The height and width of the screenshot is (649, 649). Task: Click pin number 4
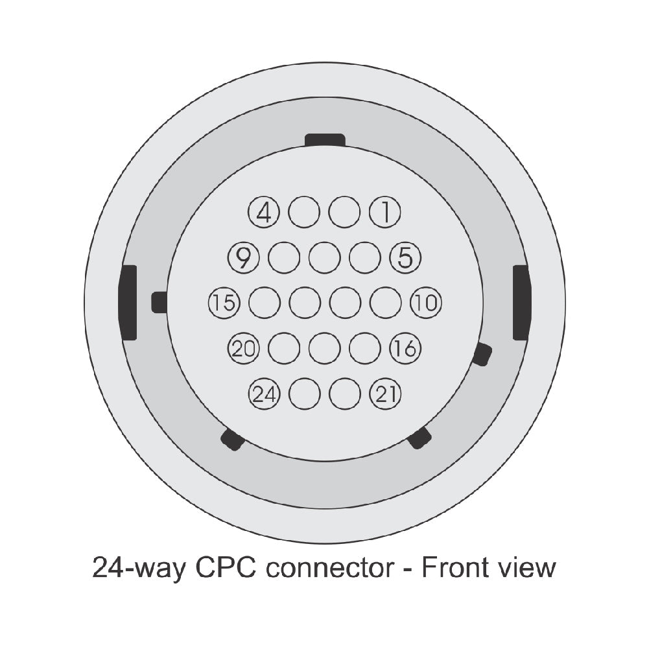point(264,212)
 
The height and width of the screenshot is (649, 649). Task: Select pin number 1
point(385,212)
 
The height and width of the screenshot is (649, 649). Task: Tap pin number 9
point(243,257)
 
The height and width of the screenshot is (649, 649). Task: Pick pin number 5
point(406,257)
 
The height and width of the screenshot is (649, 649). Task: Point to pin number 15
point(224,303)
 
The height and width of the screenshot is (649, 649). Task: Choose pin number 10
point(426,303)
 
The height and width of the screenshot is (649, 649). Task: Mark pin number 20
point(243,348)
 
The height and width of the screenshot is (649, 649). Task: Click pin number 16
point(406,348)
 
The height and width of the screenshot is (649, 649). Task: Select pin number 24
point(264,394)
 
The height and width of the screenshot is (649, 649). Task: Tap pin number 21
point(385,394)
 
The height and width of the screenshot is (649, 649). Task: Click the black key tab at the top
point(325,140)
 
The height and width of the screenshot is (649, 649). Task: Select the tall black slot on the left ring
point(128,303)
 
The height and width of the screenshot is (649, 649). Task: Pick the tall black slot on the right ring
point(521,303)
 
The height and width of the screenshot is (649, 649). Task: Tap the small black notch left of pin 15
point(159,302)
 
